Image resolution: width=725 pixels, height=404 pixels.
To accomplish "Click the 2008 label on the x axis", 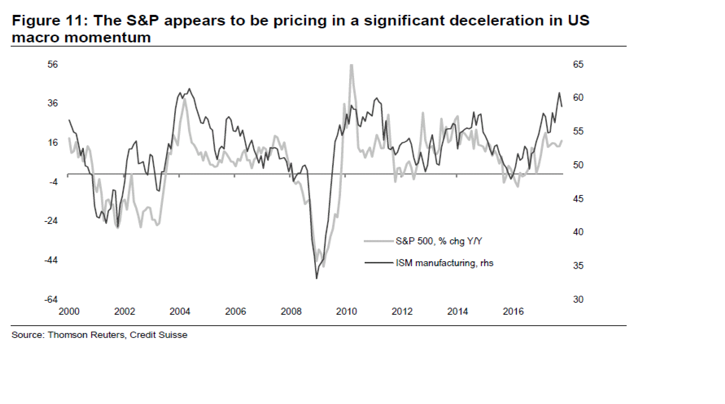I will (291, 311).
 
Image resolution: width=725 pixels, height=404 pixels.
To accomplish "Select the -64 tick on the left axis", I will (51, 299).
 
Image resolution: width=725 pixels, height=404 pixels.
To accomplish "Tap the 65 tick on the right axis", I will (578, 65).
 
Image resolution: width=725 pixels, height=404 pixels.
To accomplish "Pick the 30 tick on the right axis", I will (578, 299).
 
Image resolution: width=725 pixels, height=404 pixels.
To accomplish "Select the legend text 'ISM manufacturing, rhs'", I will (444, 263).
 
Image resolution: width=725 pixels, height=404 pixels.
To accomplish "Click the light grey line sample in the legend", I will (379, 241).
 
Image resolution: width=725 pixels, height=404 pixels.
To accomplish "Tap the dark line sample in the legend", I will (379, 263).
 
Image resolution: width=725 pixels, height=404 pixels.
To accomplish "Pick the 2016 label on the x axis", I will (513, 311).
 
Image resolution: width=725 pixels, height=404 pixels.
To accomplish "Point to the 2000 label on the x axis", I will (69, 311).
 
